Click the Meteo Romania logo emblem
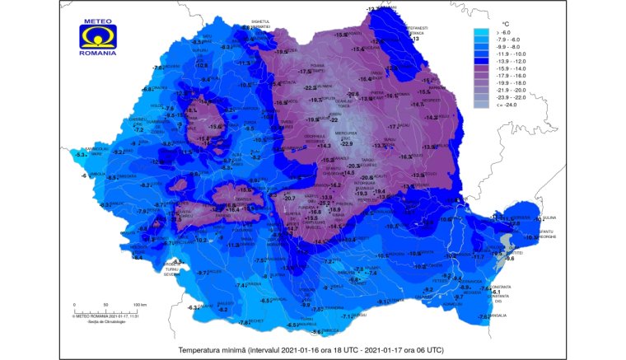pos(97,35)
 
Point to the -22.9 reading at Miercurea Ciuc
pos(347,144)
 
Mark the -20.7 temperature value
pos(289,198)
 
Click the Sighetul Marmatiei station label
pos(268,23)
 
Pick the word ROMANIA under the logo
pos(98,54)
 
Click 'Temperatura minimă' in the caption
pos(216,350)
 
